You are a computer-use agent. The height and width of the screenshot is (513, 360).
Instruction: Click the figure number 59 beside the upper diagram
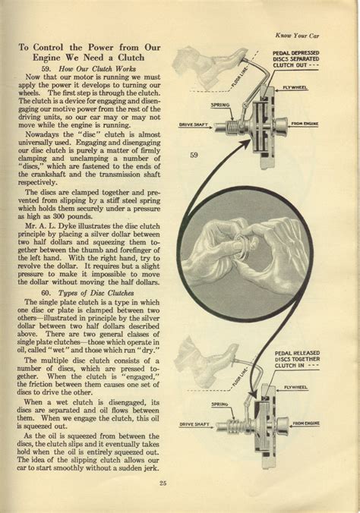click(x=194, y=156)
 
